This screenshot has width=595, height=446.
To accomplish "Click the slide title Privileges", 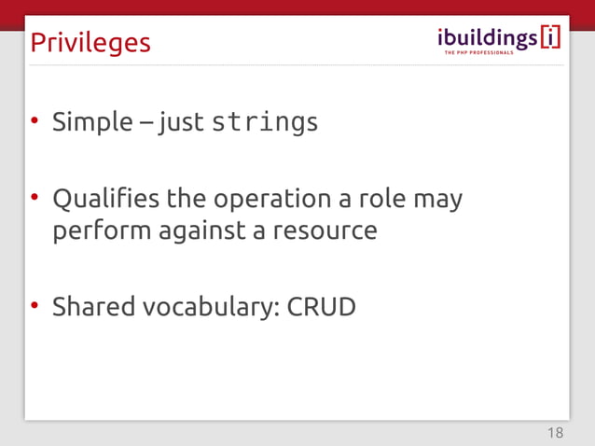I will (x=90, y=43).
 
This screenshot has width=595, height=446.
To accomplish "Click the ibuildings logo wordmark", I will (x=487, y=36).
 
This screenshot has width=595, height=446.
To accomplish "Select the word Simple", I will (x=92, y=122).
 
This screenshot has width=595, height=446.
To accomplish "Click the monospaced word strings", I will (x=265, y=122).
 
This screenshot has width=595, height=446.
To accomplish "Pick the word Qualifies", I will (x=104, y=199).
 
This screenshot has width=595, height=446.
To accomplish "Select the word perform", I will (x=97, y=230).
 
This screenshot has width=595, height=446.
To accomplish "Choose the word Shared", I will (x=92, y=306).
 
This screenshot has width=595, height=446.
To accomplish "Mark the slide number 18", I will (x=555, y=432).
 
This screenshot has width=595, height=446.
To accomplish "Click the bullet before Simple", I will (x=35, y=121).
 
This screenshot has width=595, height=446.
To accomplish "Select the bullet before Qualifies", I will (x=35, y=198).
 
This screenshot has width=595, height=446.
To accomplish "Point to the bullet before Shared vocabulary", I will (x=35, y=305).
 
